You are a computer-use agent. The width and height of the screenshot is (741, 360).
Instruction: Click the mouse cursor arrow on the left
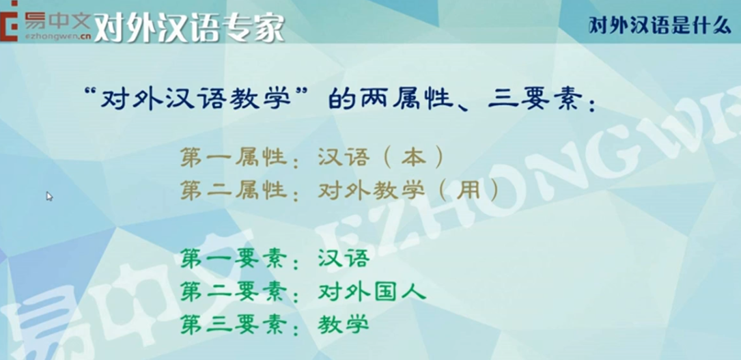pos(49,196)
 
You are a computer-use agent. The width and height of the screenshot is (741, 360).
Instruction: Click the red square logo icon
pos(10,21)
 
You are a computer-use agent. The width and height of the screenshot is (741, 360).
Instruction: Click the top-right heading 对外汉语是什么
pos(660,25)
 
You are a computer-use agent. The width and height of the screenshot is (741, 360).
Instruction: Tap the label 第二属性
pos(234,191)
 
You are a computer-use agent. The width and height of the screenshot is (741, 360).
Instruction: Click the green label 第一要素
pos(234,260)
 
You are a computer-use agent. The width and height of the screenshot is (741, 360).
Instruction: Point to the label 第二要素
pos(234,293)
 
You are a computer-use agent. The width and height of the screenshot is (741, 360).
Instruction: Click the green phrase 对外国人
pos(372,293)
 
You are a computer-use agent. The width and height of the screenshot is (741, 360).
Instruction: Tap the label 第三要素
pos(234,326)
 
